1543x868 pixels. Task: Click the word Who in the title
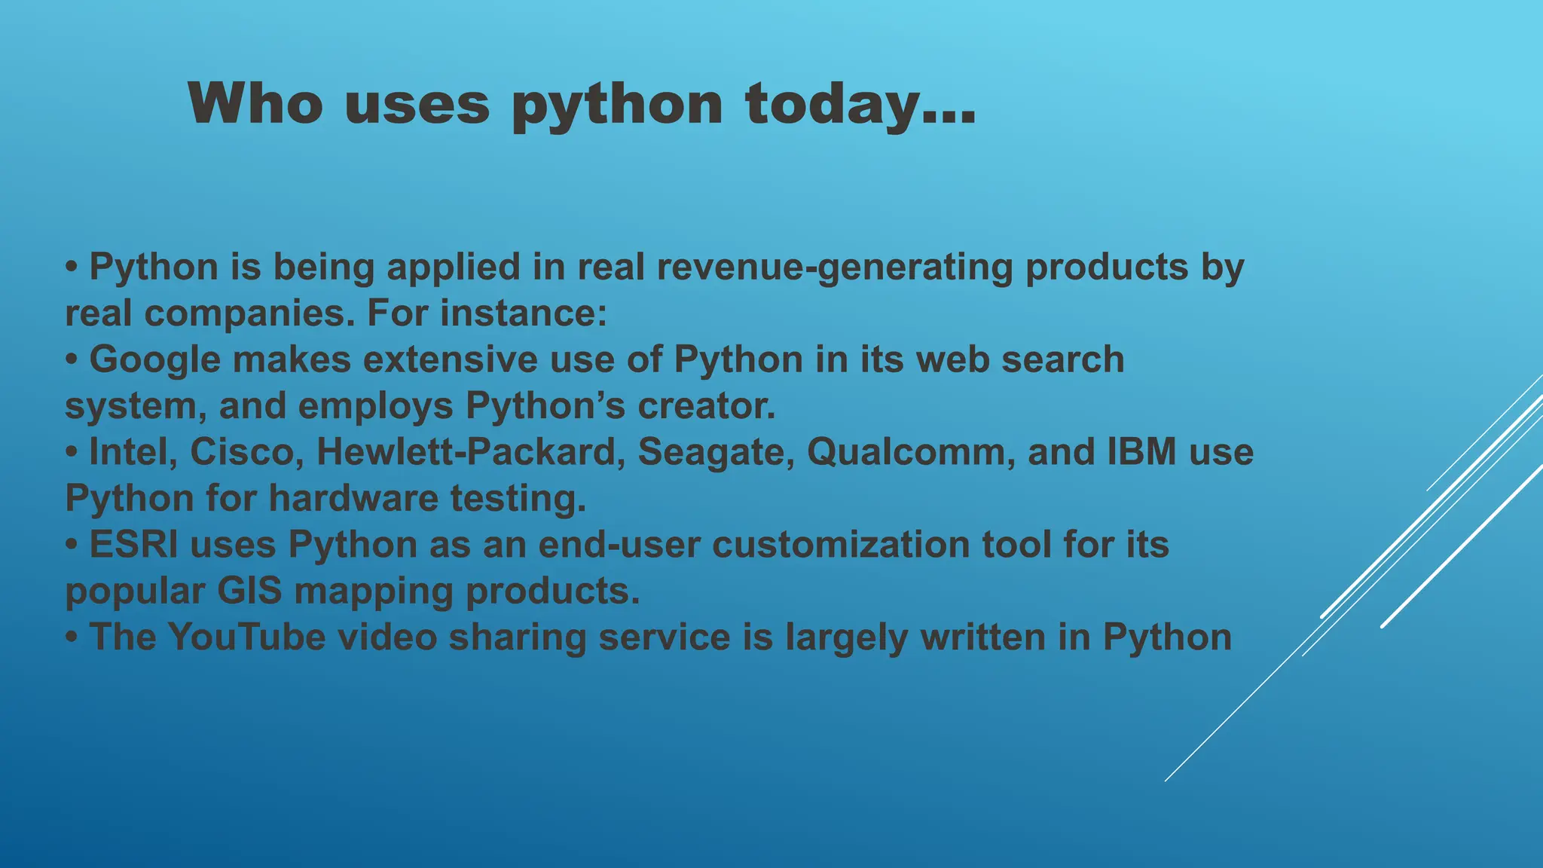(x=255, y=104)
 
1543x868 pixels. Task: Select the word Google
(x=154, y=359)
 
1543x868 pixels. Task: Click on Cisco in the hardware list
(x=246, y=452)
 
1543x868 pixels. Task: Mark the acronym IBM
(x=1141, y=452)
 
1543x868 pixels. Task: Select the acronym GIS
(x=249, y=591)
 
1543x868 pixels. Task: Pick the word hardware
(x=353, y=499)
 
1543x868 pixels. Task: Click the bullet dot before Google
(x=72, y=359)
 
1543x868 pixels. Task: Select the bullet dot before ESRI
(x=72, y=545)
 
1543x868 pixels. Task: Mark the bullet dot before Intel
(x=72, y=452)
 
